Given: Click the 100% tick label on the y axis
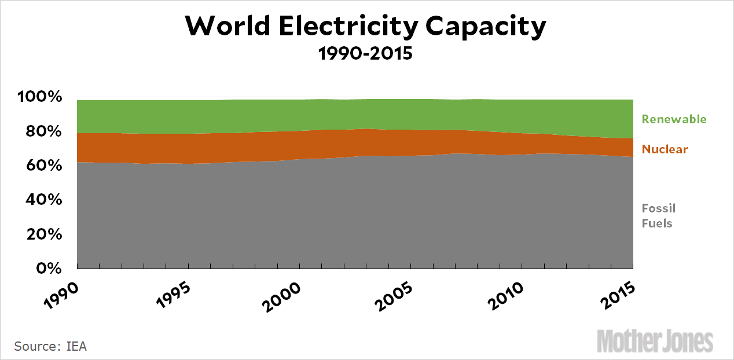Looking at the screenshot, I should pos(39,97).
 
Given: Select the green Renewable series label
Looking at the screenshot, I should pos(674,119).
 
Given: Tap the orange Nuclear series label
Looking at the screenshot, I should pos(665,149).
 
